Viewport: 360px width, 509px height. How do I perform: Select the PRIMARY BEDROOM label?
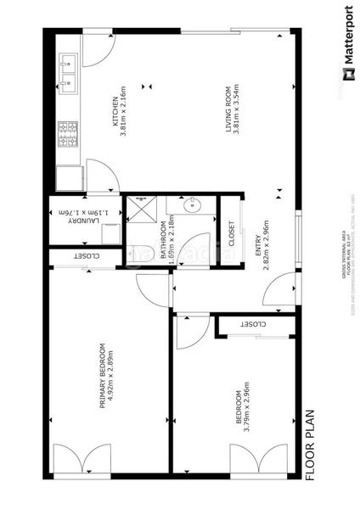102,375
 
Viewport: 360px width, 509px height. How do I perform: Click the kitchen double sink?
68,72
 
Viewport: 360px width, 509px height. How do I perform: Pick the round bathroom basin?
194,204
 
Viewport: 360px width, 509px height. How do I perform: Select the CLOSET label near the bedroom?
252,324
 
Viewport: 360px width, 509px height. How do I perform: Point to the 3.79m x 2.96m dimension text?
247,411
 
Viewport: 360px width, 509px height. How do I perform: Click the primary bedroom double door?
82,460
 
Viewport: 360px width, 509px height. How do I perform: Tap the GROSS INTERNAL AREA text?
343,255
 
